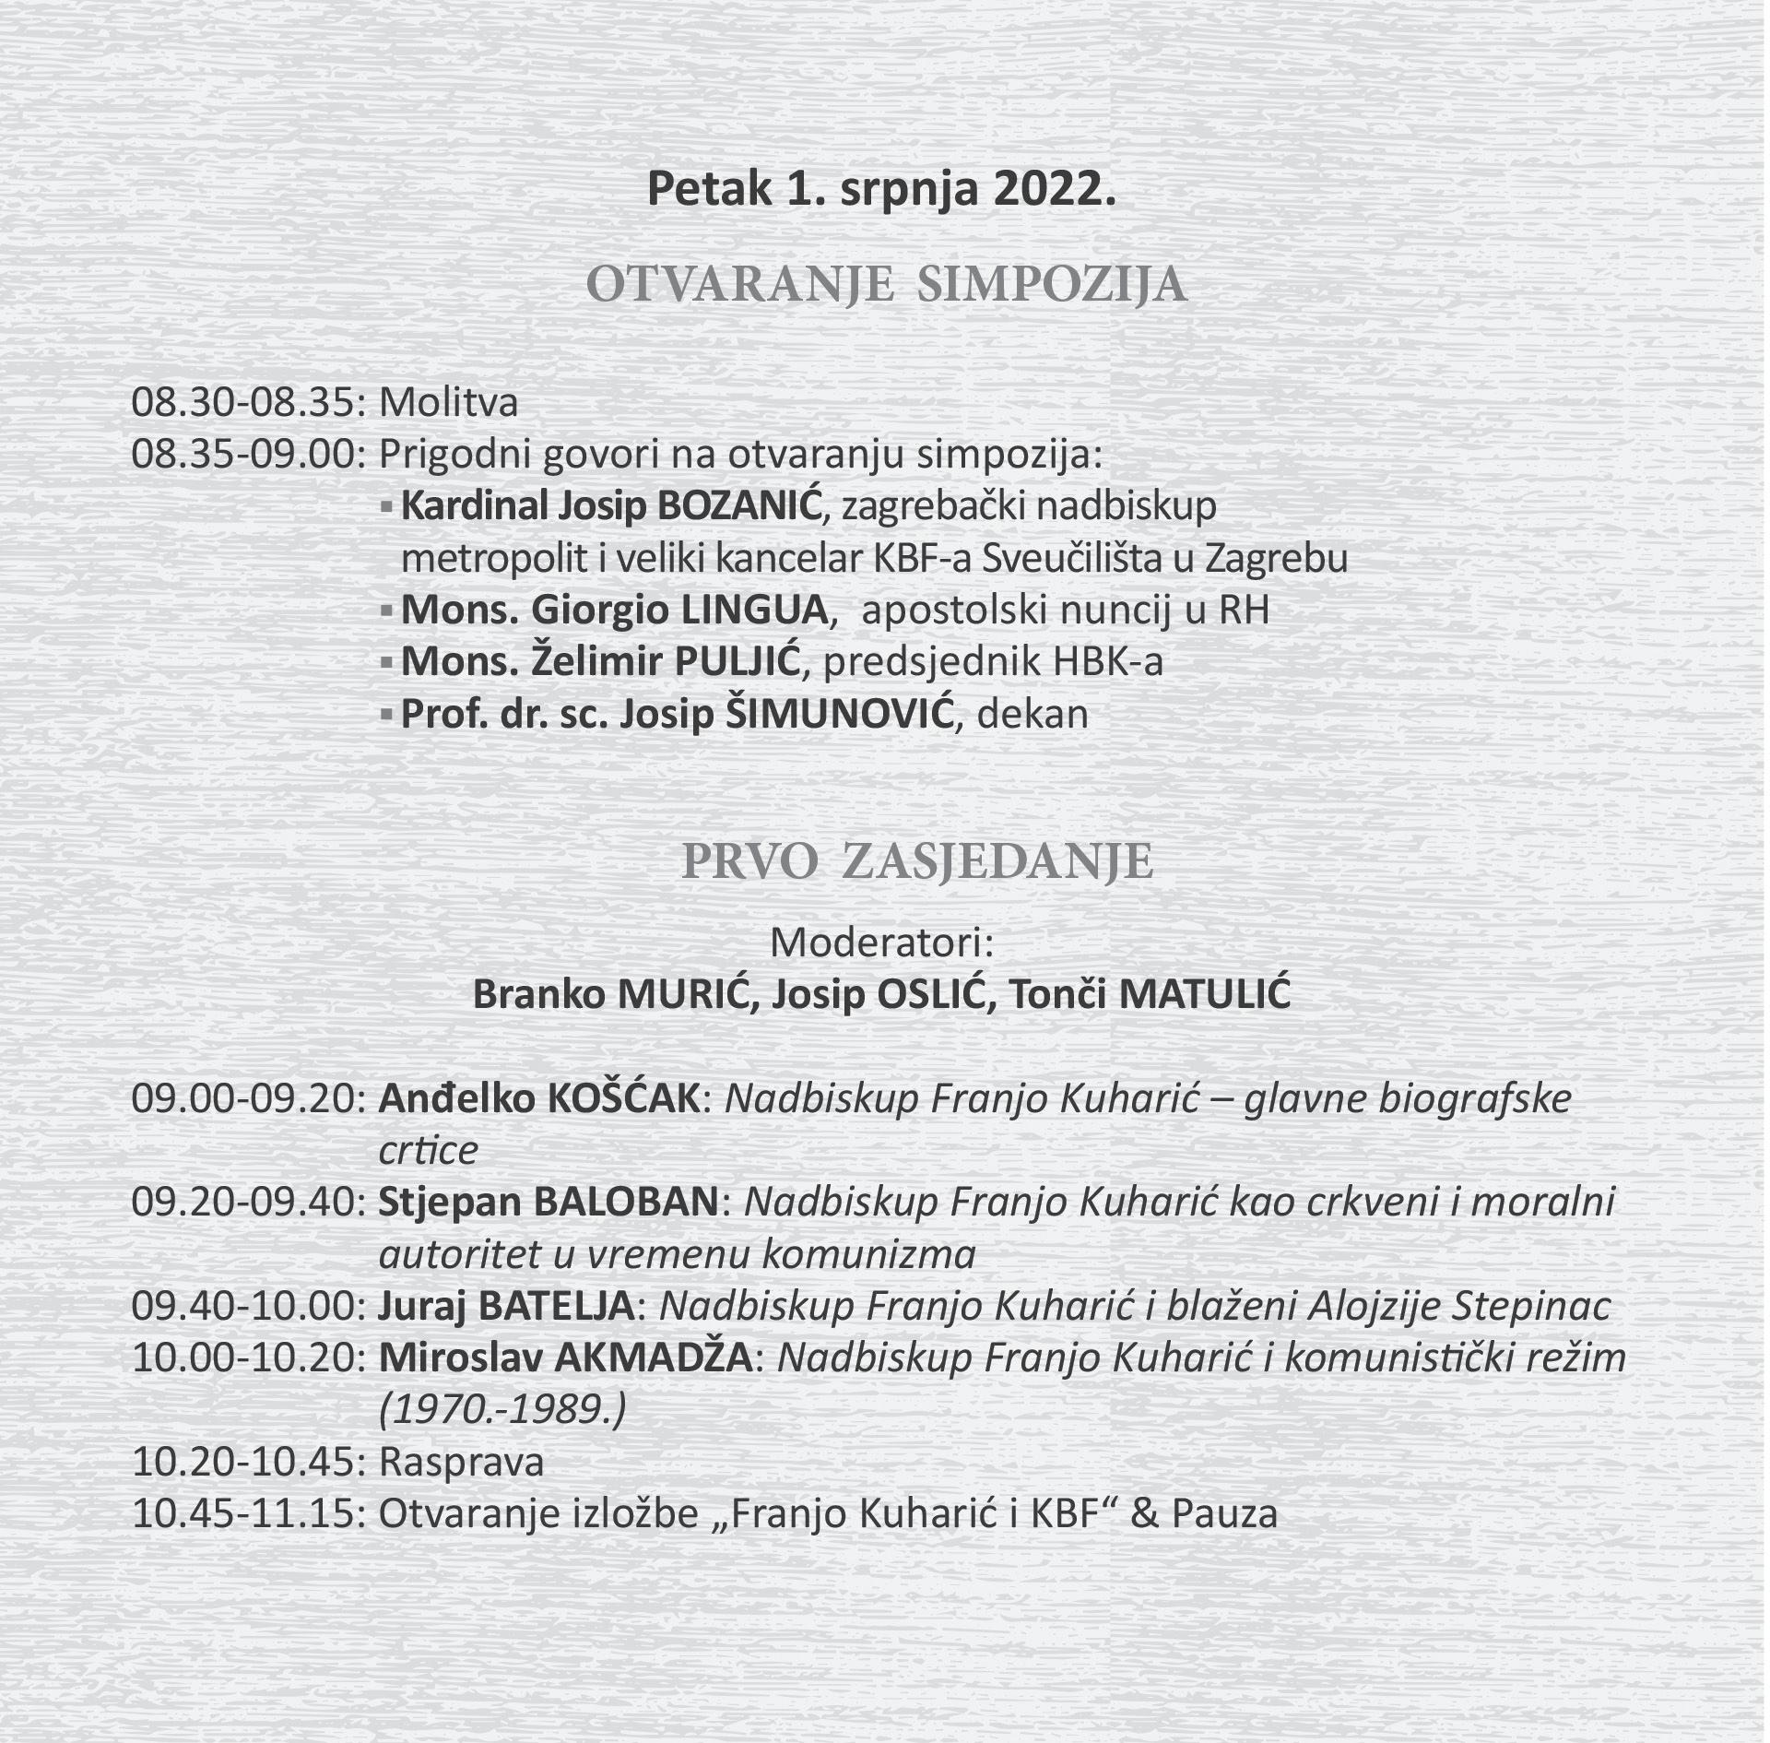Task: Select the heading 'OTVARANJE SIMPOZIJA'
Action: [x=886, y=286]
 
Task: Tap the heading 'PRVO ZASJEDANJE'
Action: [x=916, y=861]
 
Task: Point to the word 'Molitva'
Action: [x=448, y=403]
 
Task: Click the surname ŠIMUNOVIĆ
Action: [x=833, y=715]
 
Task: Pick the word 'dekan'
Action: [x=1032, y=715]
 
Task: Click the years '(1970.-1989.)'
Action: [x=503, y=1409]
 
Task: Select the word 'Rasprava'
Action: [x=461, y=1462]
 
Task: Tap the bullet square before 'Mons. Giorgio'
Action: [x=387, y=611]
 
